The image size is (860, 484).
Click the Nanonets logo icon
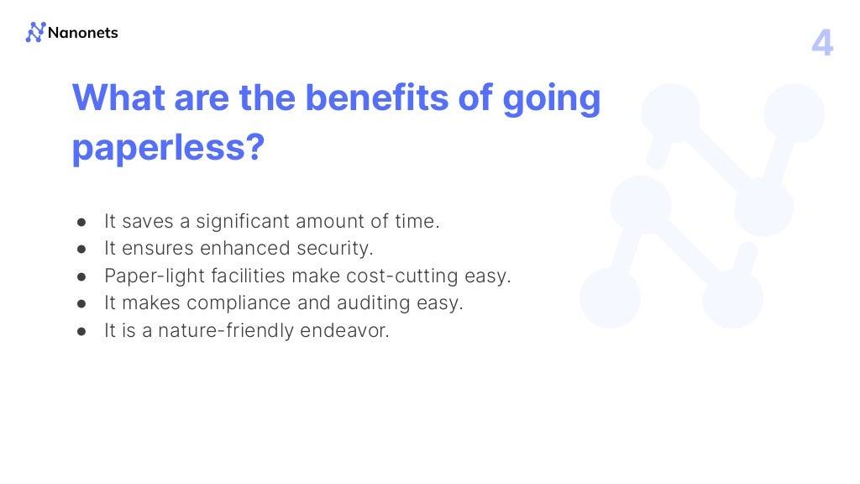(x=34, y=33)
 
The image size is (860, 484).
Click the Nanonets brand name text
(x=83, y=33)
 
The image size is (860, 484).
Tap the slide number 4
(x=822, y=43)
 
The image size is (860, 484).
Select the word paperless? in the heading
(x=169, y=148)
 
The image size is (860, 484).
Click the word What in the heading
(x=118, y=98)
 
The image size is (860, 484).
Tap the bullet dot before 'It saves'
(x=82, y=222)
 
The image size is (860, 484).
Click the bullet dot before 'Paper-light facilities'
(x=82, y=276)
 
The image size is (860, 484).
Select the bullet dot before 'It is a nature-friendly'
(x=82, y=331)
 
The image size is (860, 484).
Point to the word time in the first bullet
(x=417, y=221)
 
